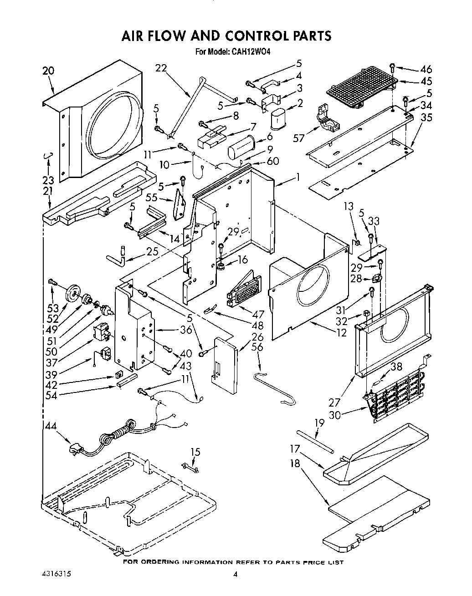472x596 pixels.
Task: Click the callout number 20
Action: [x=48, y=71]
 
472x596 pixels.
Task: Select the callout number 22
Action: [x=161, y=68]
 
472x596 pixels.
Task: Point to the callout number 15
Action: [x=195, y=452]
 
